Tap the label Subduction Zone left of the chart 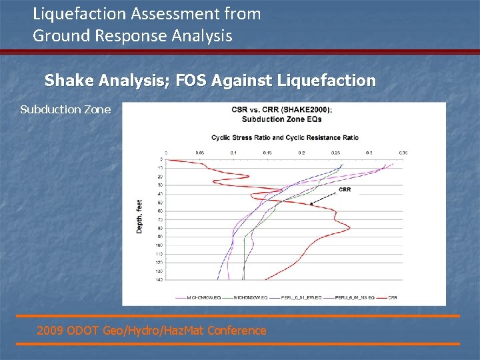(65, 109)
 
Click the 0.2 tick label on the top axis (301, 153)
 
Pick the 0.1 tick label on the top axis (233, 153)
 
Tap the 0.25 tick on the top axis (335, 153)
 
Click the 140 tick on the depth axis (159, 280)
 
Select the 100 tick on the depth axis (159, 245)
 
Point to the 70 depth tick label (159, 219)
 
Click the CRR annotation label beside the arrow (345, 190)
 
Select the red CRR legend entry (392, 297)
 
